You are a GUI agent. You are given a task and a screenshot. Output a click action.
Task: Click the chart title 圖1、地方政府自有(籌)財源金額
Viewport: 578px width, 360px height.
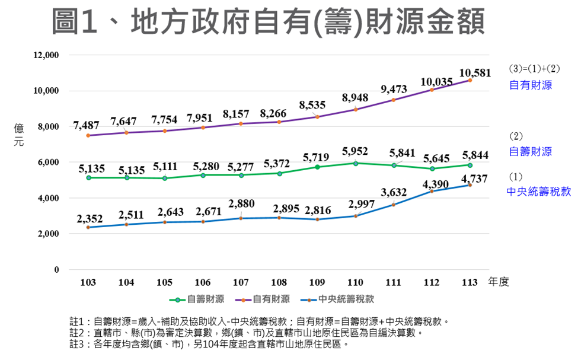coord(268,23)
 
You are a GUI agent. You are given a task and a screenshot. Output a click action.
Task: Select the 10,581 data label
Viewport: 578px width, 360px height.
coord(475,73)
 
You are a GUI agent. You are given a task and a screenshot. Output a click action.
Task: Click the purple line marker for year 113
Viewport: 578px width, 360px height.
coord(470,80)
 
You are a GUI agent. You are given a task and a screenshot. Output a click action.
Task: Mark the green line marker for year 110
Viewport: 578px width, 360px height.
coord(355,163)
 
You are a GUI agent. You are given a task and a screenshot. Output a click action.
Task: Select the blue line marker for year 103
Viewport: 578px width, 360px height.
coord(88,227)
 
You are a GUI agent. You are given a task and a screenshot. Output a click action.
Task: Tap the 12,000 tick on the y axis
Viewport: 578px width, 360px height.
coord(46,55)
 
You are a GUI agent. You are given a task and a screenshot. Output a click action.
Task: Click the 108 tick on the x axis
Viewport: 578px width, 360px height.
coord(279,282)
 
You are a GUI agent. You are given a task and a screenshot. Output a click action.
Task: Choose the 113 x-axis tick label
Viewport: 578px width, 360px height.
coord(470,282)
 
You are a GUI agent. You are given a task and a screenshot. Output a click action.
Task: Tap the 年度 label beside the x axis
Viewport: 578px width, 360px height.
coord(499,282)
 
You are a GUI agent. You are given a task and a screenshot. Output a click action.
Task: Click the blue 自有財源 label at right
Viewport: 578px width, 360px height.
coord(531,85)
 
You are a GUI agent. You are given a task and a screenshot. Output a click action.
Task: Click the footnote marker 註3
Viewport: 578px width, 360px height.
coord(78,343)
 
